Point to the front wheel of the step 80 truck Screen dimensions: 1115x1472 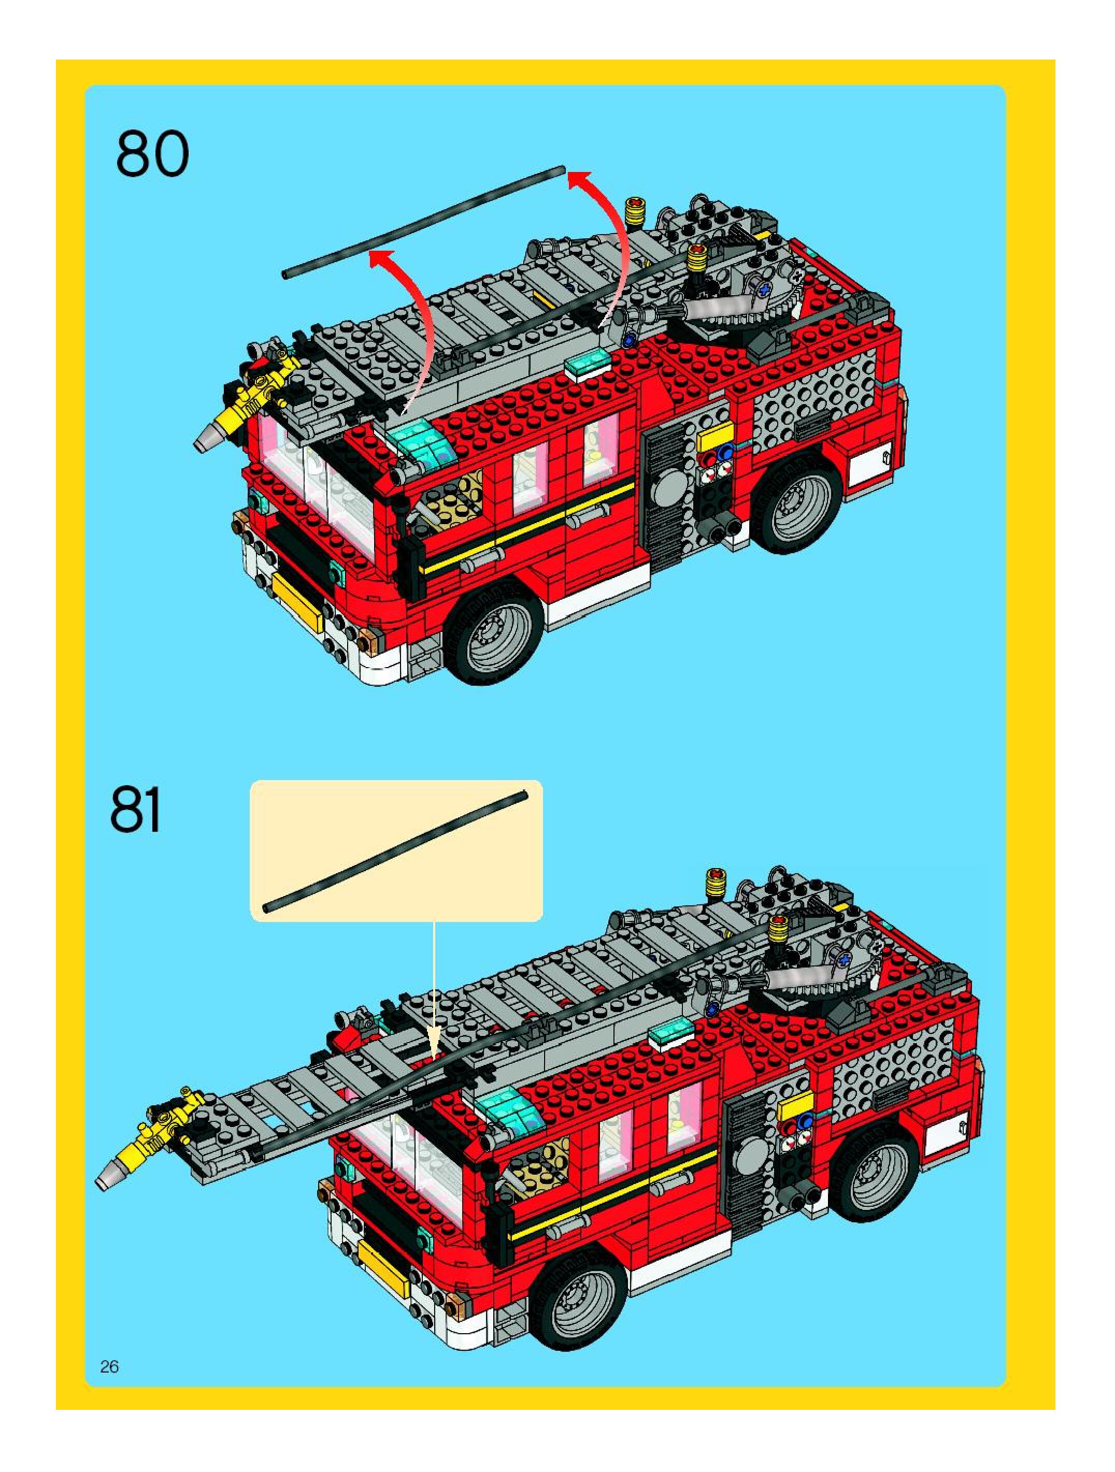493,631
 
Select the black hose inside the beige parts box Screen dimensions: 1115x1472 395,849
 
